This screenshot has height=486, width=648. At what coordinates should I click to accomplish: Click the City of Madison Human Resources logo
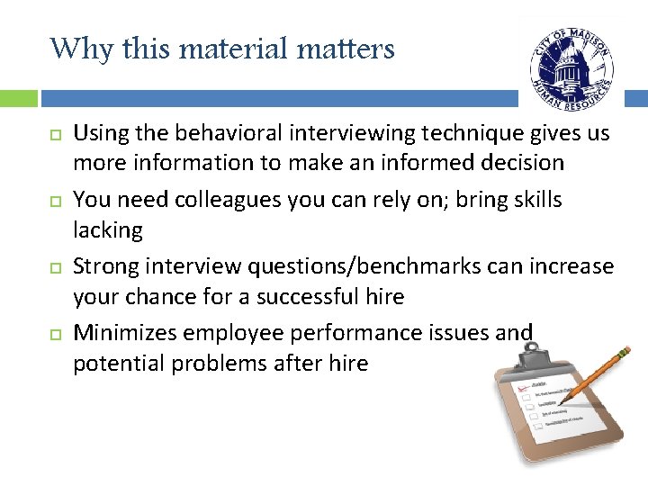coord(571,65)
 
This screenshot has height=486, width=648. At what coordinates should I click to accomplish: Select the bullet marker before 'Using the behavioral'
coord(54,135)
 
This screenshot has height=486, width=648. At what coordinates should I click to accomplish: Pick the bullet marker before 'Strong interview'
coord(54,268)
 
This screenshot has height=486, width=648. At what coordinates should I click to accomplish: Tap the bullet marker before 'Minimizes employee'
coord(54,335)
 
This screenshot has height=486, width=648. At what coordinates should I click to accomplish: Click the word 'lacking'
coord(107,230)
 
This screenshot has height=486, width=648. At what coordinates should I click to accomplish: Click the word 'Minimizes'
coord(124,333)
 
